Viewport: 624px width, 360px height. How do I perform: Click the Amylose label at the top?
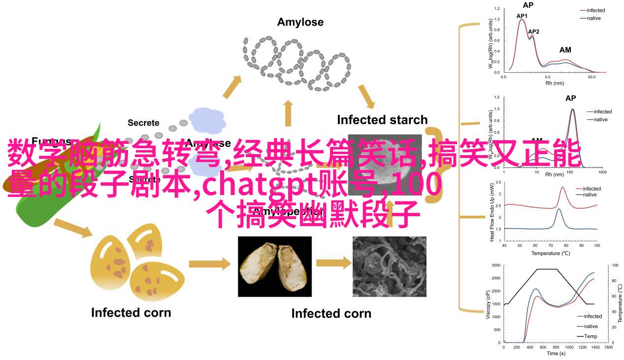click(300, 22)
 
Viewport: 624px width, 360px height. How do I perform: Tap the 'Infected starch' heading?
click(382, 120)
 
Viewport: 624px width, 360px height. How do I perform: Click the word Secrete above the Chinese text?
click(143, 123)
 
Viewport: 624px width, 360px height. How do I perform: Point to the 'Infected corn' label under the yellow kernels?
click(131, 312)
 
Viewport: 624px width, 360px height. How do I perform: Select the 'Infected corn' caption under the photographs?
click(331, 313)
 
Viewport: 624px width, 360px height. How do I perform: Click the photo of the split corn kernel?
click(274, 266)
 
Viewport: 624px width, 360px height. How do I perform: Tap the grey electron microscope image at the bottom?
click(389, 266)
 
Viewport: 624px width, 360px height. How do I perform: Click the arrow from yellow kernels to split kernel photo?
click(209, 264)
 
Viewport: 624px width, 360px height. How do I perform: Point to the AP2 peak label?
click(533, 32)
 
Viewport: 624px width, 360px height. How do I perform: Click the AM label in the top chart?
click(565, 50)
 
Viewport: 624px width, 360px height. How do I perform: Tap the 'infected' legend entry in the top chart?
click(595, 10)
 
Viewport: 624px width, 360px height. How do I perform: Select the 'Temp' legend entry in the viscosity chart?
click(591, 336)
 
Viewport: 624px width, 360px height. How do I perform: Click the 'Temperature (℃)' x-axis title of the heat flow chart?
click(550, 253)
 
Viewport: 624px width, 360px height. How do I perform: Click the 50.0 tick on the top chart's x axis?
click(592, 77)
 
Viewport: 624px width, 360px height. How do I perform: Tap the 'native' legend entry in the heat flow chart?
click(590, 195)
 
